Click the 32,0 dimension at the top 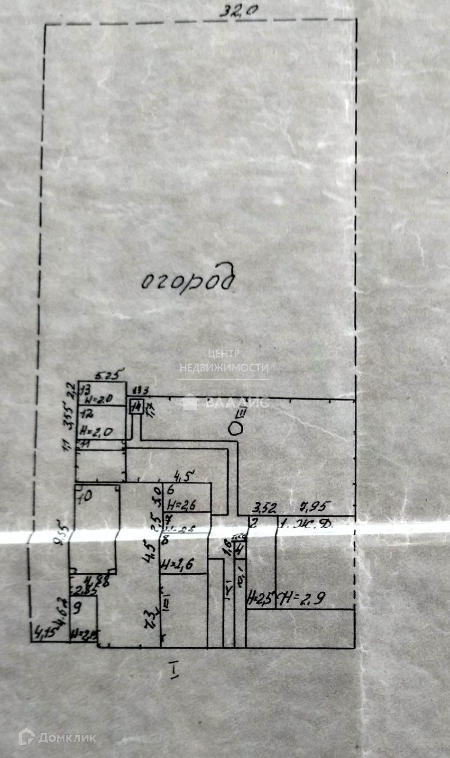point(238,11)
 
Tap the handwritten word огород point(189,280)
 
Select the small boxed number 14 point(137,406)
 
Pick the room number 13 point(86,390)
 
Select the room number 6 point(171,490)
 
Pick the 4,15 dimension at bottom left point(45,632)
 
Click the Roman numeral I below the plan point(174,671)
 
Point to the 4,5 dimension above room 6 point(184,475)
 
